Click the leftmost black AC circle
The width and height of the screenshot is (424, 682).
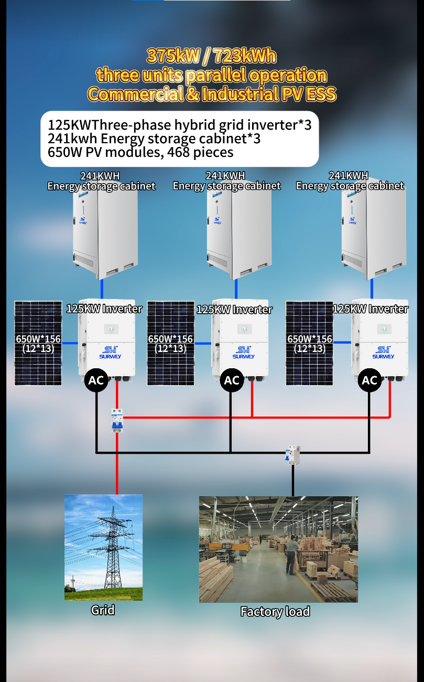(96, 380)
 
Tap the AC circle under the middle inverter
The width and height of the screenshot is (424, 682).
(232, 380)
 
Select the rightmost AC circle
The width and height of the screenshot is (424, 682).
(369, 380)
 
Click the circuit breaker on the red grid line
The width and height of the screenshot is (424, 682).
(117, 420)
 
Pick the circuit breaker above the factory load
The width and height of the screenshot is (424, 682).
(292, 455)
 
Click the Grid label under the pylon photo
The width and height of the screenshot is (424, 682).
(103, 610)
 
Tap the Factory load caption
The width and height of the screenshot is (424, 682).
(275, 611)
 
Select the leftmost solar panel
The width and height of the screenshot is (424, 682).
(38, 343)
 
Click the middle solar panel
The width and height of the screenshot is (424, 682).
(171, 343)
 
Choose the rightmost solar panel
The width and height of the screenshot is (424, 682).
(309, 343)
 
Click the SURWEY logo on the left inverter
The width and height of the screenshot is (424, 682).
(110, 352)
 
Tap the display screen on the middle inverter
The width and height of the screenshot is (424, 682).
(245, 329)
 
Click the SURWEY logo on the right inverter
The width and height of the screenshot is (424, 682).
(383, 352)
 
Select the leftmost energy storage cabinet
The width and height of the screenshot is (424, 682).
(105, 233)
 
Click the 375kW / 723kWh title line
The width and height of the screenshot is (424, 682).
(211, 56)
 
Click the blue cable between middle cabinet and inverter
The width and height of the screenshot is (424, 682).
(236, 289)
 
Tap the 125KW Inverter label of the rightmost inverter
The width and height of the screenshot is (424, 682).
(371, 309)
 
